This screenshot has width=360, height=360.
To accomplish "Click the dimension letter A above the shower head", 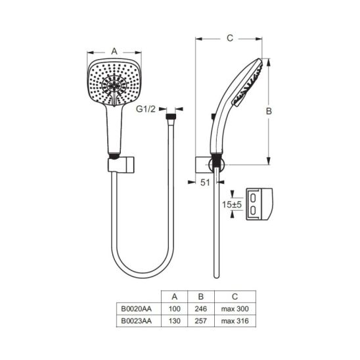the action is point(114,51).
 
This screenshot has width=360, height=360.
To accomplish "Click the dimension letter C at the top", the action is point(230,38).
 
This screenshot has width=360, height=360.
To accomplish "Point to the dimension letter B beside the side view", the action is point(269,111).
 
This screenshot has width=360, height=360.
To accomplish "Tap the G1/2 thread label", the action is point(146,109).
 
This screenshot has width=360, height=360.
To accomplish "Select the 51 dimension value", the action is point(205,183).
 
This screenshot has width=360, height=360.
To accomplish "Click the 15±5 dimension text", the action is point(232,204).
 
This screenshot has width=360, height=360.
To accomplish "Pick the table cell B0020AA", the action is point(137,309).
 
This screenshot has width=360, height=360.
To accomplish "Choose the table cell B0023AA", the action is point(137,321).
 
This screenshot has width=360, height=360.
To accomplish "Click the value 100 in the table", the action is point(175,309).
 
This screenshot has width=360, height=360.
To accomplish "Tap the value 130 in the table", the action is point(175,321).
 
